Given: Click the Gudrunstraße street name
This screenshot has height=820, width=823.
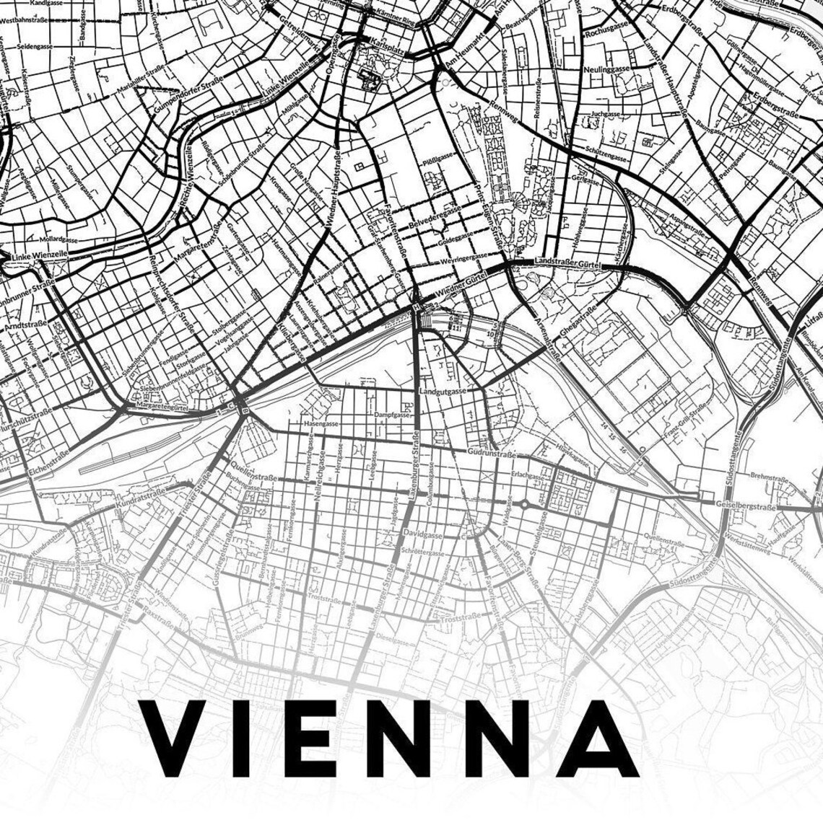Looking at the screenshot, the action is (492, 455).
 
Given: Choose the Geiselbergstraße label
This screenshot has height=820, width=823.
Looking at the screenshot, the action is (746, 506).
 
